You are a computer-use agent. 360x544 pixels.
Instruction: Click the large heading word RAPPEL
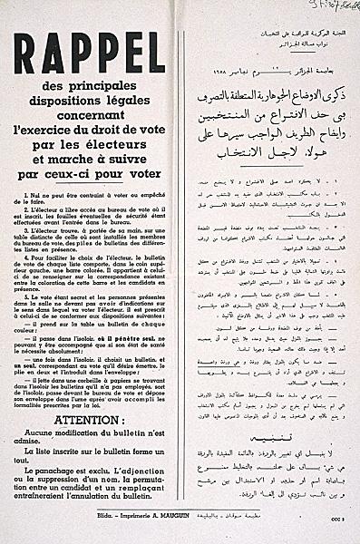click(x=89, y=53)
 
